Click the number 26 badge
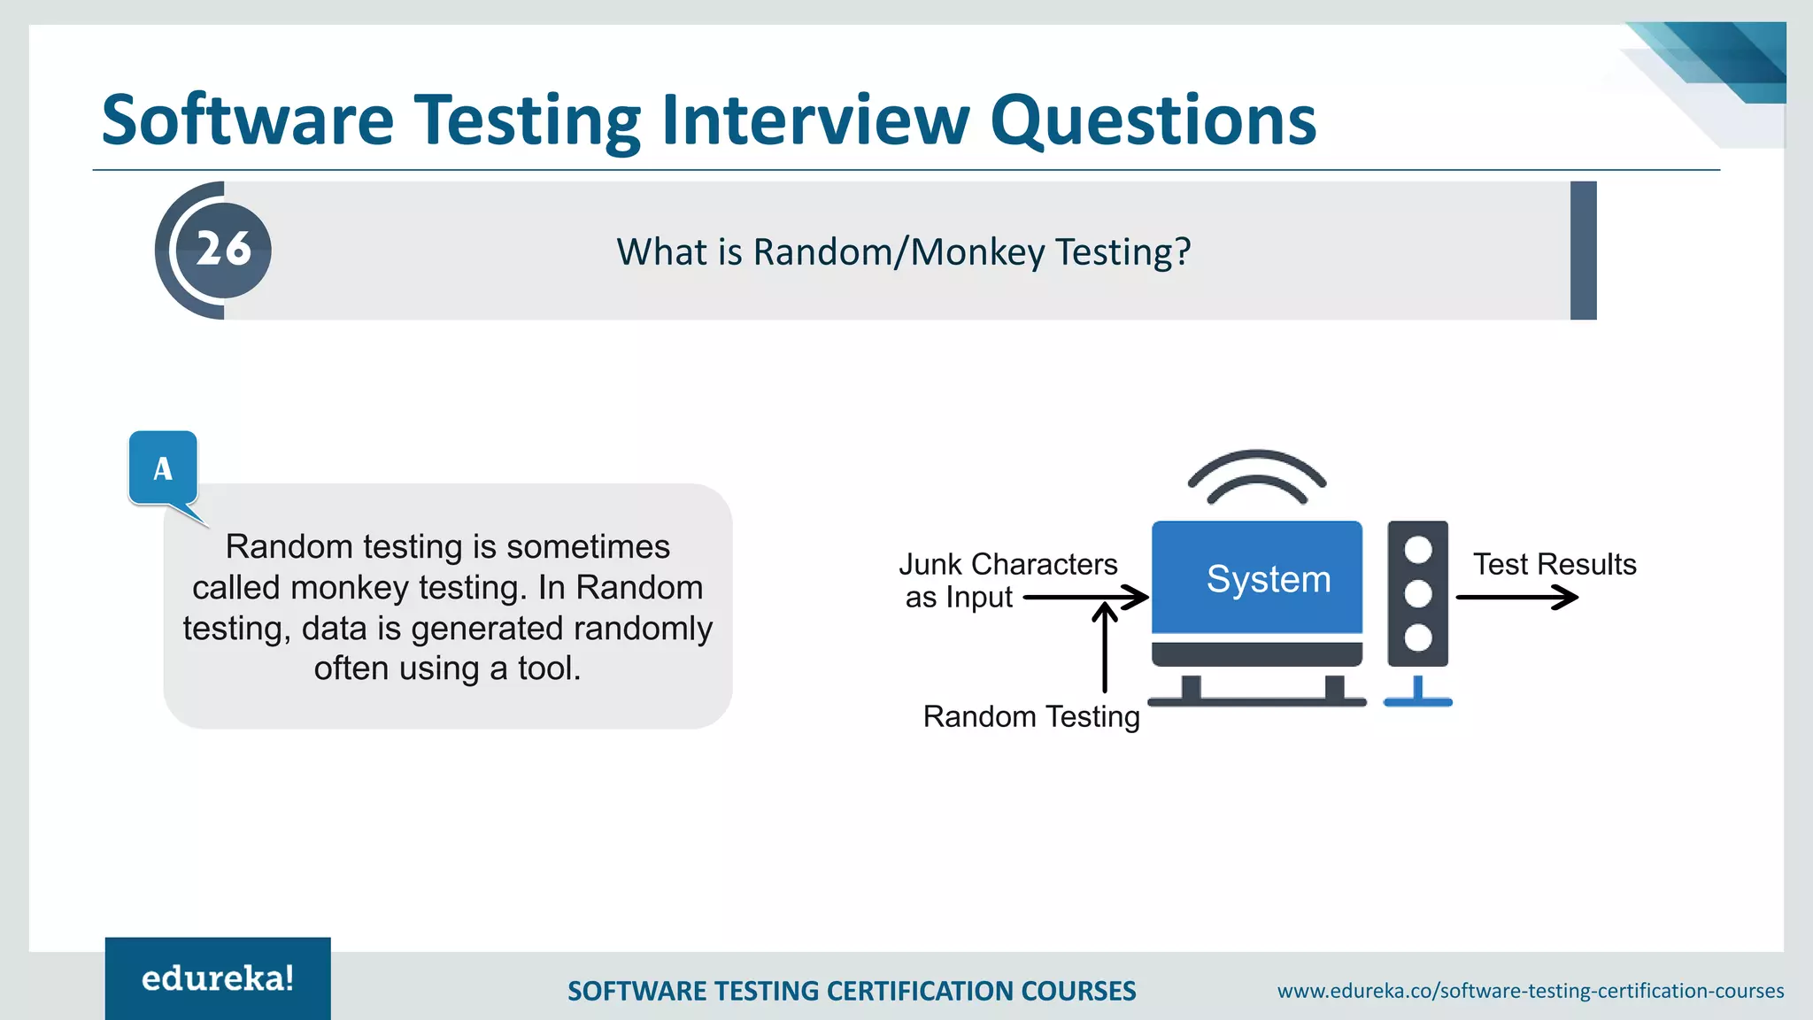[223, 250]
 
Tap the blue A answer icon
[163, 468]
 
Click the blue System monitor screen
[1256, 577]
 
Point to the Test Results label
[1554, 564]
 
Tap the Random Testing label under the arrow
[1030, 716]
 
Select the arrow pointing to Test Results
[1516, 598]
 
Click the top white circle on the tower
[1417, 550]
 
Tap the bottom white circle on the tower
[1417, 637]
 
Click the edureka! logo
[218, 978]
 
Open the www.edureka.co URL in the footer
[1530, 991]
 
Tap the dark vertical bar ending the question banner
[1583, 251]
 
